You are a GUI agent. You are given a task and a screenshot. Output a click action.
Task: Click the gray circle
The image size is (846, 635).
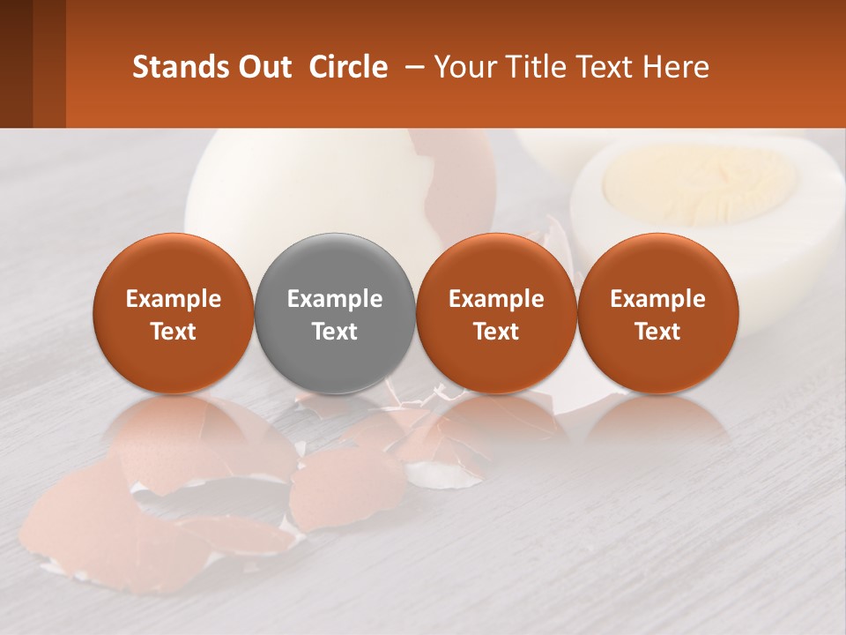pos(335,313)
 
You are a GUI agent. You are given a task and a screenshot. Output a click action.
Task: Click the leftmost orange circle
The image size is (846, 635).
pos(174,313)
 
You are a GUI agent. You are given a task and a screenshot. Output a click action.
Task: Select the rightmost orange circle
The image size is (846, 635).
pos(657,313)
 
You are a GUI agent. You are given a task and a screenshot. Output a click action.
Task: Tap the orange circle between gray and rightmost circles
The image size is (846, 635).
pos(496,313)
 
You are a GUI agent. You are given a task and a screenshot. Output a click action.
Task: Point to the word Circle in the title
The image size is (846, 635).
pos(348,67)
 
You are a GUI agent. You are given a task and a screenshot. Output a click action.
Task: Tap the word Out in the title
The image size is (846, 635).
pos(264,67)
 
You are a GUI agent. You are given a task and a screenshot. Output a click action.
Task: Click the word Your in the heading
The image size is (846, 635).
pos(464,67)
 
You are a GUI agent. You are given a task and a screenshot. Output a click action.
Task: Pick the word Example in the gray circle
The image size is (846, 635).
pos(335,299)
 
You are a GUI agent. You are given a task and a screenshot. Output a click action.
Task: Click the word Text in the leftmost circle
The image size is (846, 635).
pos(174,332)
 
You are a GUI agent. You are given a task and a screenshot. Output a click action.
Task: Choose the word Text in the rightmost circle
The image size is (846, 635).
pos(657,332)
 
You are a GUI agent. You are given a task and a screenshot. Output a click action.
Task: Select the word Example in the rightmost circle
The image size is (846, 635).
pos(657,299)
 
